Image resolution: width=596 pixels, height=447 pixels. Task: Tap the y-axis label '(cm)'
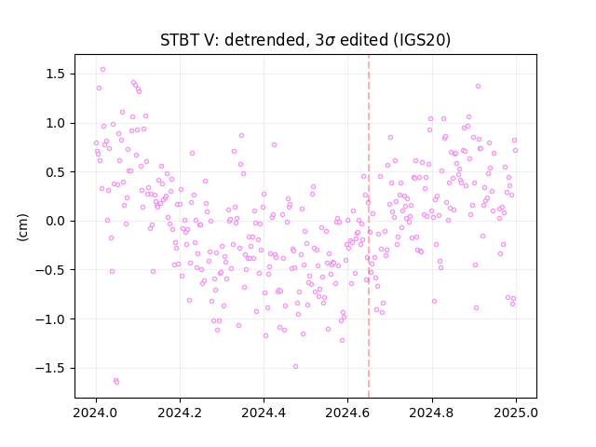22,227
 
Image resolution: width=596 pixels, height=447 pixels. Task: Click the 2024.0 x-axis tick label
96,413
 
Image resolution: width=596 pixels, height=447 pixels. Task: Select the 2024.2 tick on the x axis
180,413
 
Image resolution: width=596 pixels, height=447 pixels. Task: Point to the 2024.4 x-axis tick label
264,413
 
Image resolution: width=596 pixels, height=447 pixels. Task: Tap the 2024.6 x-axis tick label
347,413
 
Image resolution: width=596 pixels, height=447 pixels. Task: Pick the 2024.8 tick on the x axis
432,413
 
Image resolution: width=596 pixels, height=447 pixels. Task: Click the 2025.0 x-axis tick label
516,413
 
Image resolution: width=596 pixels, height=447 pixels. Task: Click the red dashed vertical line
369,226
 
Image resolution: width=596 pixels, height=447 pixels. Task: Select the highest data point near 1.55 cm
102,70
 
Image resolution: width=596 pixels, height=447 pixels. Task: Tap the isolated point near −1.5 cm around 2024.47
295,366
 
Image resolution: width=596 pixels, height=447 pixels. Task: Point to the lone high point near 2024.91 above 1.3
478,87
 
